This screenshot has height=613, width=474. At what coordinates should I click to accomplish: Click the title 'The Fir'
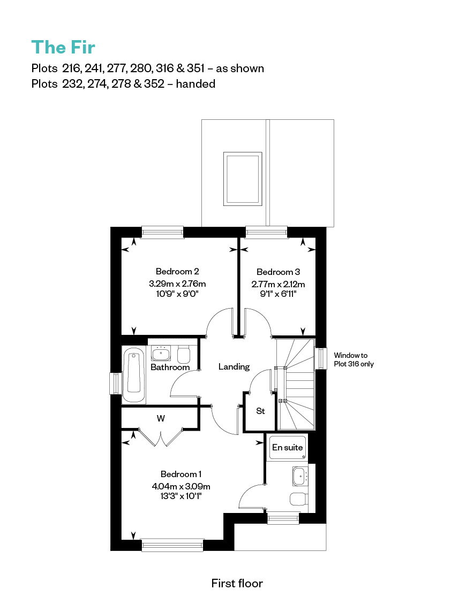pyautogui.click(x=63, y=47)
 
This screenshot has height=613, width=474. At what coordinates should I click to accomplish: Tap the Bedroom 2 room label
pyautogui.click(x=177, y=271)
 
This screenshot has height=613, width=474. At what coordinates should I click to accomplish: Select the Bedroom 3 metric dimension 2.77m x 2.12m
pyautogui.click(x=278, y=284)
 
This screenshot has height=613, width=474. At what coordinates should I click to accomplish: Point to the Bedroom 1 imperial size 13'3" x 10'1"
pyautogui.click(x=181, y=496)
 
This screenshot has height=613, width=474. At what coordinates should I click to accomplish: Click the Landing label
pyautogui.click(x=234, y=367)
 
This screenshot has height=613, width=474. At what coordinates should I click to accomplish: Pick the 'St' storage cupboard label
pyautogui.click(x=260, y=411)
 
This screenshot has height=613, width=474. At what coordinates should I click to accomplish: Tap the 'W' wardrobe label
pyautogui.click(x=161, y=418)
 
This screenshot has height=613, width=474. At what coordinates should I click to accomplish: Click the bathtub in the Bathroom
pyautogui.click(x=134, y=375)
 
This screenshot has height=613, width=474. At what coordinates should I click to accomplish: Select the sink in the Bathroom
pyautogui.click(x=161, y=354)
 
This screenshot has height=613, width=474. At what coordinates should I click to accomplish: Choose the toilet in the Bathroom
pyautogui.click(x=184, y=354)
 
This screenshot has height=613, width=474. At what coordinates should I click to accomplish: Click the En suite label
pyautogui.click(x=287, y=447)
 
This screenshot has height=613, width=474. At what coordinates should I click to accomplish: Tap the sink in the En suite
pyautogui.click(x=300, y=476)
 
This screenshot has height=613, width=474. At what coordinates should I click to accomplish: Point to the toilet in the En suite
pyautogui.click(x=299, y=499)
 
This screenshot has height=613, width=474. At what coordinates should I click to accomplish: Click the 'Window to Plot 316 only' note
pyautogui.click(x=353, y=359)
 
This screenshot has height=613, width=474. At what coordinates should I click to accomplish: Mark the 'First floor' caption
pyautogui.click(x=237, y=583)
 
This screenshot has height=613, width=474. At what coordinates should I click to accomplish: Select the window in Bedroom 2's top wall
pyautogui.click(x=162, y=232)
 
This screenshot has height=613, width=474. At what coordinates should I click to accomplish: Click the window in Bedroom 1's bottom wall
pyautogui.click(x=172, y=545)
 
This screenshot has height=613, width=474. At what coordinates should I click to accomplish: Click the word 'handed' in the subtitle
pyautogui.click(x=195, y=83)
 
